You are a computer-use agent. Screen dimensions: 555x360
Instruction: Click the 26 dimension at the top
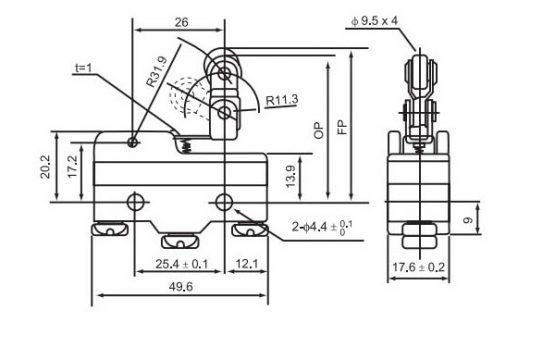pyautogui.click(x=181, y=22)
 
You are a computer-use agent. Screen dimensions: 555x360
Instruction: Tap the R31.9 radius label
pyautogui.click(x=156, y=72)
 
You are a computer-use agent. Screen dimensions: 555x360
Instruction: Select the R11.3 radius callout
pyautogui.click(x=282, y=100)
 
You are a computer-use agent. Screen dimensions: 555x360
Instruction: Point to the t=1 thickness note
pyautogui.click(x=84, y=67)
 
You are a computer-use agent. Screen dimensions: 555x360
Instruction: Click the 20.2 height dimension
pyautogui.click(x=46, y=166)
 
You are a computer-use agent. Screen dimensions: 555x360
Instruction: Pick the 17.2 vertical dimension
pyautogui.click(x=72, y=166)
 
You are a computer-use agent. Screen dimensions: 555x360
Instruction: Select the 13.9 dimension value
pyautogui.click(x=290, y=177)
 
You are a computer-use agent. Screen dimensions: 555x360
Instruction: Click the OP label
pyautogui.click(x=319, y=130)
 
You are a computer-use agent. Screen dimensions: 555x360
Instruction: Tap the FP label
pyautogui.click(x=342, y=127)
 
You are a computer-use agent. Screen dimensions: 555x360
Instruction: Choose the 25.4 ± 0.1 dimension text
pyautogui.click(x=182, y=264)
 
